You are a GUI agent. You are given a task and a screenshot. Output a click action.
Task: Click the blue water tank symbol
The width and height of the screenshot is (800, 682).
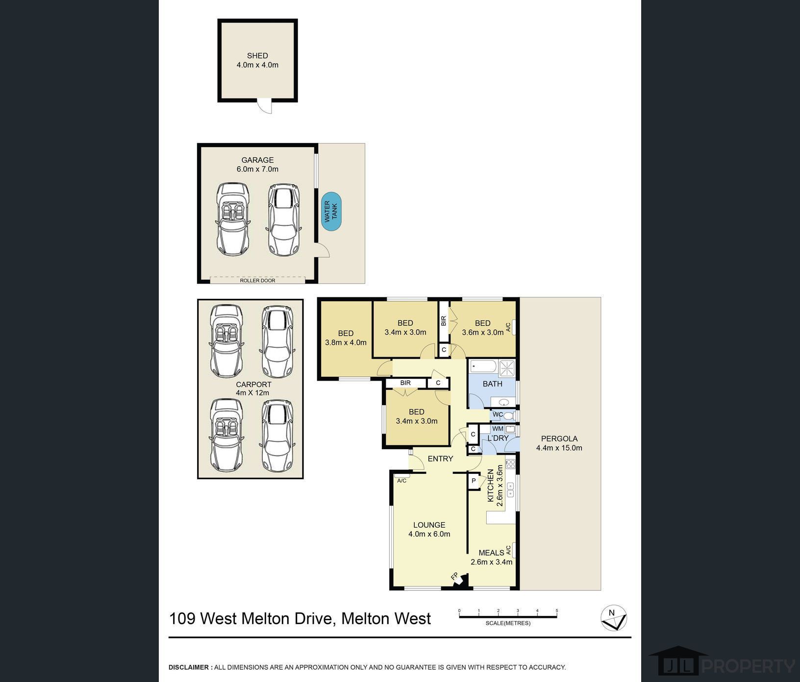331,211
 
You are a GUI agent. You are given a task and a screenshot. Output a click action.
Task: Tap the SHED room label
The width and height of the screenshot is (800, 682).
257,56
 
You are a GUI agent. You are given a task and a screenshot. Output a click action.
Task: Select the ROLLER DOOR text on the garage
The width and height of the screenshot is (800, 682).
257,281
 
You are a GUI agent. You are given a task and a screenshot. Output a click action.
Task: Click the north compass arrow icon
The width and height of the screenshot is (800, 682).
614,618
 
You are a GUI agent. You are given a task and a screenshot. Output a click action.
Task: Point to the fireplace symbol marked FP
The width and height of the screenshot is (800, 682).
458,578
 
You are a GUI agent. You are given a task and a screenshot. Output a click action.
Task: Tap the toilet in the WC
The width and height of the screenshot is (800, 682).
509,416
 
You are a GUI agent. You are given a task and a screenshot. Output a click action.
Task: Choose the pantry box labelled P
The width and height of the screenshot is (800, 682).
474,481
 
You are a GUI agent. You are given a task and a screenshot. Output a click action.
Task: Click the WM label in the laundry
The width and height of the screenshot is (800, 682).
498,429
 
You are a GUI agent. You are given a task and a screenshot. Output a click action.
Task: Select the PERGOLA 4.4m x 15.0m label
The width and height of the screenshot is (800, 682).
559,443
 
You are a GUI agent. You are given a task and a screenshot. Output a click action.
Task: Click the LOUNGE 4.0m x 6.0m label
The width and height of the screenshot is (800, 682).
429,530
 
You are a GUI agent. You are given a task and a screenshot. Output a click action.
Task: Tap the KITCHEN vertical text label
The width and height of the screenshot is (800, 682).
490,486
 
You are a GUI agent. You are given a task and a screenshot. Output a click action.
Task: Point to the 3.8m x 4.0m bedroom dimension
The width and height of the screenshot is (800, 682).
346,343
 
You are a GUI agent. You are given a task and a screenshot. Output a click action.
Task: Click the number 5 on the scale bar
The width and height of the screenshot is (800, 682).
557,611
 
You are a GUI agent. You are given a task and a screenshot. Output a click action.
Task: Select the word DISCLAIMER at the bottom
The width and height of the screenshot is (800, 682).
189,667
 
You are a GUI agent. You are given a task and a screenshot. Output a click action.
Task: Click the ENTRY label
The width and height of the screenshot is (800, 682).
440,459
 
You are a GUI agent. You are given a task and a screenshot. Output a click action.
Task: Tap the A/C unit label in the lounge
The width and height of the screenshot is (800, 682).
402,481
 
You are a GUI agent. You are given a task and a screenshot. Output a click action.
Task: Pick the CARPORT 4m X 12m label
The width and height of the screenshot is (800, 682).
252,389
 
